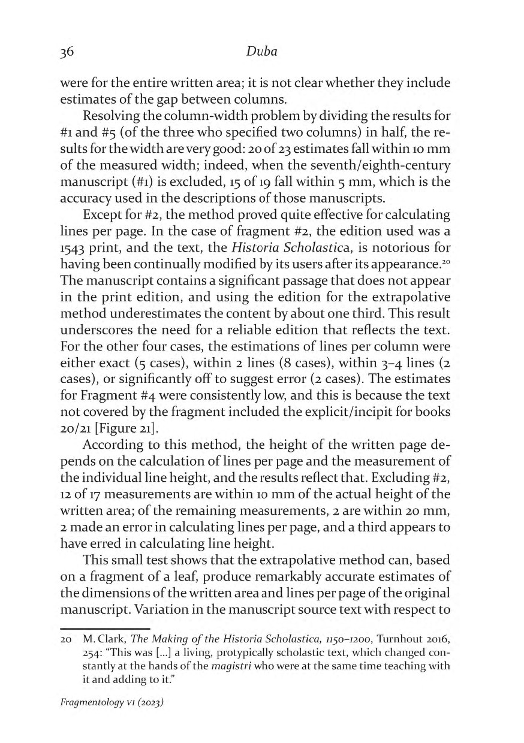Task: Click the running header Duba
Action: coord(261,53)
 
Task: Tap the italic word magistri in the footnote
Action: coord(234,663)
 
